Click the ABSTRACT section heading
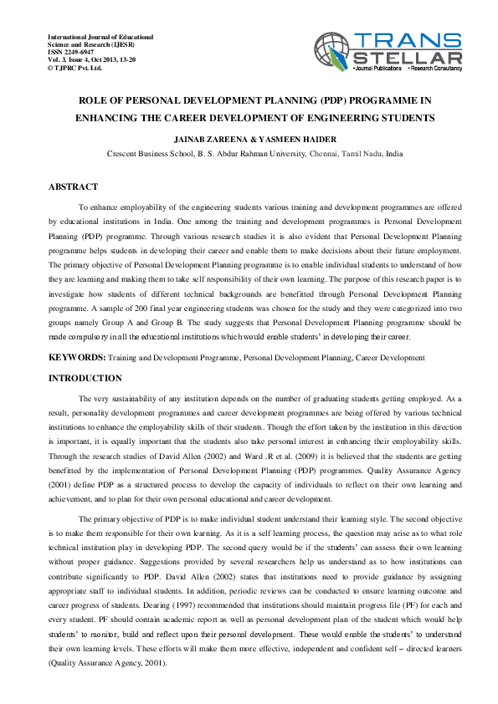tap(74, 186)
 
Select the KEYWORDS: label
tap(77, 357)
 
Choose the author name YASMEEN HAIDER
tap(293, 139)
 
